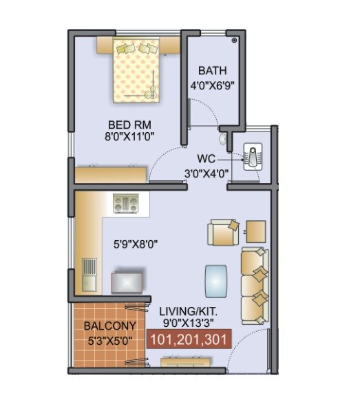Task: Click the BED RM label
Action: tap(125, 125)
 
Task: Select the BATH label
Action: tap(212, 71)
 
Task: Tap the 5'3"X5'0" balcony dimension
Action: tap(109, 339)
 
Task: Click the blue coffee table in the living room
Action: tap(217, 279)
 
